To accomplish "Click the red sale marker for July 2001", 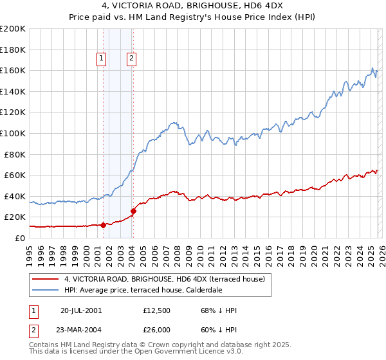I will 103,225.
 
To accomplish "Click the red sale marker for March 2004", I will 133,211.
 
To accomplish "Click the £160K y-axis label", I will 13,70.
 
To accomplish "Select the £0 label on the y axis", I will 19,238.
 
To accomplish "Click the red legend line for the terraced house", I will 46,280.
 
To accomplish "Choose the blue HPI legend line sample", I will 46,290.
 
